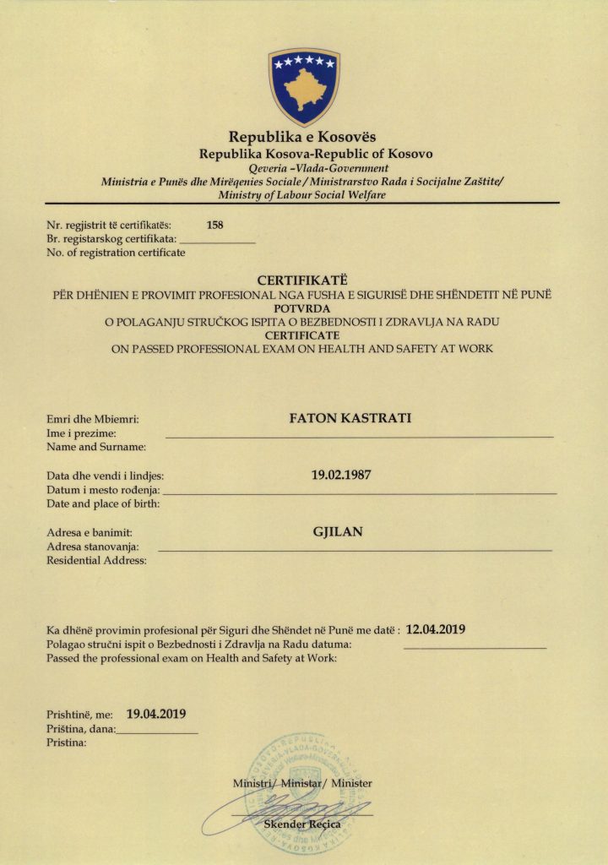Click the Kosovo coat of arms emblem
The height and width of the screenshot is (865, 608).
pos(303,86)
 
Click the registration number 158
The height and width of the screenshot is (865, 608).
pos(214,225)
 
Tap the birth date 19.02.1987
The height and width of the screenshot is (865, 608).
pos(341,475)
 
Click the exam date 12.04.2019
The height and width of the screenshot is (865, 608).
pos(437,629)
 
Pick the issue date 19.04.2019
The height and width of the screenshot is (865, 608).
pos(156,714)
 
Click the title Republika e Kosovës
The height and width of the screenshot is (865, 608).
pos(303,137)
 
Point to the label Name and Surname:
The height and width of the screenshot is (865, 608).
pos(96,446)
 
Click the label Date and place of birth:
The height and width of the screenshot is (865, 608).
pos(103,503)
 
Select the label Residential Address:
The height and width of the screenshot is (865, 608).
pos(96,561)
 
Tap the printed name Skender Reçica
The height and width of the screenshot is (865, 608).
pos(302,824)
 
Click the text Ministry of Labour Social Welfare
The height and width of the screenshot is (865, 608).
pos(301,195)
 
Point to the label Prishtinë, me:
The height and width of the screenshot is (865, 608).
pos(79,715)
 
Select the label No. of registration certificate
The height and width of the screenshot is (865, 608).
pos(116,253)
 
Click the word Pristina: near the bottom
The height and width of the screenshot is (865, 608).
pos(67,743)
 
